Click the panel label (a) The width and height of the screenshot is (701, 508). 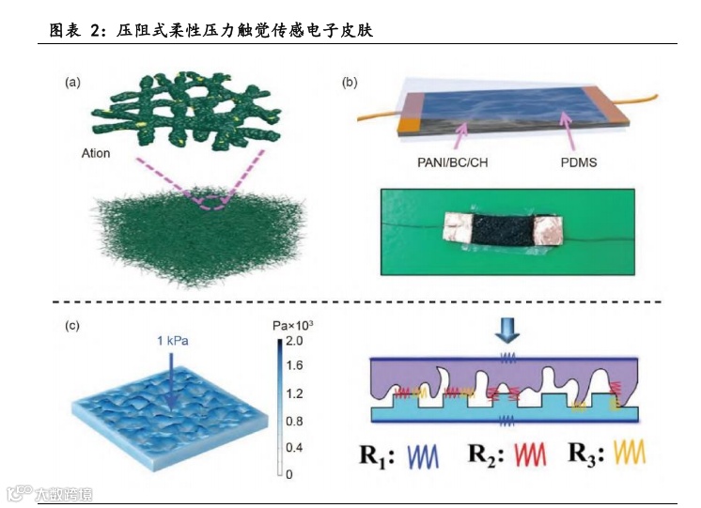(x=72, y=83)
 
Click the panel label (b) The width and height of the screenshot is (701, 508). (x=349, y=83)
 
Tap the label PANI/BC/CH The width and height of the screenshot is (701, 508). (x=445, y=162)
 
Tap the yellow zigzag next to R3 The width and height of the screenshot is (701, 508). (x=629, y=455)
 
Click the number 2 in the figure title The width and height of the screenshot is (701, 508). (x=95, y=31)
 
